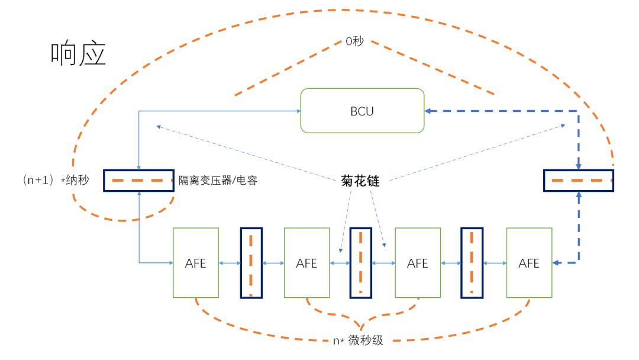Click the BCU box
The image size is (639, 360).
pyautogui.click(x=362, y=111)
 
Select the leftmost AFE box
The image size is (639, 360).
pyautogui.click(x=195, y=263)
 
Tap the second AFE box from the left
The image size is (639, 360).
pyautogui.click(x=306, y=263)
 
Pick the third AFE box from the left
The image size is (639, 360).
pyautogui.click(x=418, y=263)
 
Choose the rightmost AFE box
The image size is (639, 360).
pyautogui.click(x=529, y=263)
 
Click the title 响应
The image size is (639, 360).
pyautogui.click(x=79, y=54)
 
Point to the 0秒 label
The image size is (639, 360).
pyautogui.click(x=354, y=42)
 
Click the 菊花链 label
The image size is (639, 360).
pyautogui.click(x=360, y=181)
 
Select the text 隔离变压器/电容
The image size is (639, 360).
pyautogui.click(x=218, y=181)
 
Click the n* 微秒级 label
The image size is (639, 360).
pyautogui.click(x=357, y=340)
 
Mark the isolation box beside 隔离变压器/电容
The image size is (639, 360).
pyautogui.click(x=138, y=181)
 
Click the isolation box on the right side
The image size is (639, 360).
pyautogui.click(x=578, y=181)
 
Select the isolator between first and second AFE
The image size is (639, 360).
pyautogui.click(x=251, y=263)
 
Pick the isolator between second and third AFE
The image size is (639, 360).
pyautogui.click(x=361, y=263)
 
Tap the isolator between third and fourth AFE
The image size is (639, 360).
pyautogui.click(x=472, y=263)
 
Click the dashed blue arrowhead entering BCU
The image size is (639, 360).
pyautogui.click(x=428, y=111)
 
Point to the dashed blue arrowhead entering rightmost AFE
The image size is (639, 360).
pyautogui.click(x=556, y=262)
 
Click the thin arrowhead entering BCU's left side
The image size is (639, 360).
pyautogui.click(x=298, y=110)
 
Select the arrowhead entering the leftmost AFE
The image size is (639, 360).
pyautogui.click(x=170, y=262)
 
